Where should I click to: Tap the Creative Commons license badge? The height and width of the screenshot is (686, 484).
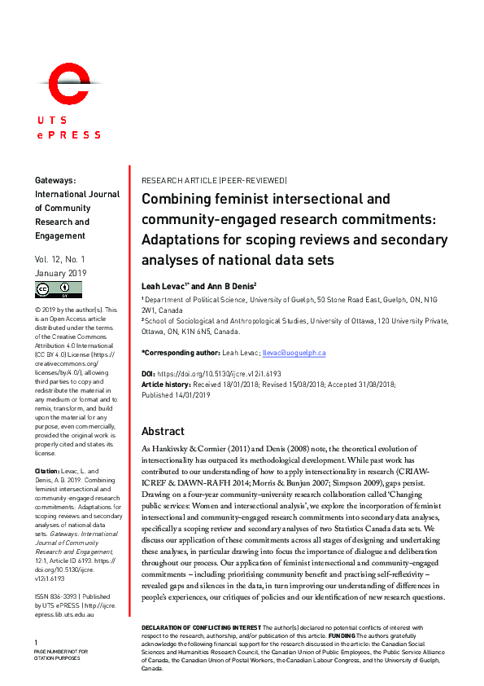tap(58, 289)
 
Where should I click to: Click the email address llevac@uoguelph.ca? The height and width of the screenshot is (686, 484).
tap(295, 353)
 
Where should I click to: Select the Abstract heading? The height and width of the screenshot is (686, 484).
tap(163, 431)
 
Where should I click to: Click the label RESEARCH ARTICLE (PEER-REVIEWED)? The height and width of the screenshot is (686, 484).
tap(214, 180)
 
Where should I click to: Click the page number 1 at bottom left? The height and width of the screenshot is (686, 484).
tap(36, 642)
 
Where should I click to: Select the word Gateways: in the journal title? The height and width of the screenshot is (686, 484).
tap(55, 180)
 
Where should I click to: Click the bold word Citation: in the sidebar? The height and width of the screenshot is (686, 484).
tap(47, 471)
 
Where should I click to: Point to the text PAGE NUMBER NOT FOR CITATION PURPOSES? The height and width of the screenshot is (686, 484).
tap(61, 656)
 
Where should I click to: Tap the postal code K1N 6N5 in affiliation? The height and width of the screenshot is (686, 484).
tap(203, 332)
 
